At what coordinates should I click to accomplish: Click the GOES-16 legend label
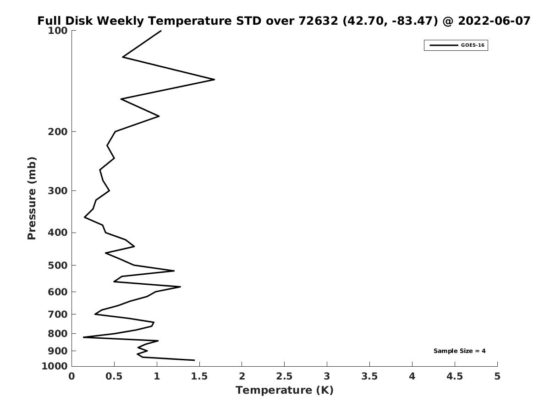click(472, 45)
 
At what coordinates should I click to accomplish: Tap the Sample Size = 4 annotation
click(459, 351)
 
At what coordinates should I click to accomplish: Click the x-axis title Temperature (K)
click(284, 390)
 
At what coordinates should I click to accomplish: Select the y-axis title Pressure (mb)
click(32, 198)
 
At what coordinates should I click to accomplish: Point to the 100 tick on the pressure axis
click(59, 30)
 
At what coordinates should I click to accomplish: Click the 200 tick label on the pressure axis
click(59, 132)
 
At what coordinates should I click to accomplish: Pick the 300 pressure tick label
click(59, 190)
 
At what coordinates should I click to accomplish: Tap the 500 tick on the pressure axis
click(59, 266)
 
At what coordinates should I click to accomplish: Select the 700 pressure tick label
click(59, 314)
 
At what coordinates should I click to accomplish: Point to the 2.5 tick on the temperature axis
click(284, 376)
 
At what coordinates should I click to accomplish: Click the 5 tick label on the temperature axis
click(497, 376)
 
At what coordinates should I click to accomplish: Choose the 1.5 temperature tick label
click(199, 376)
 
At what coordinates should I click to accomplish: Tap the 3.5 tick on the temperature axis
click(369, 376)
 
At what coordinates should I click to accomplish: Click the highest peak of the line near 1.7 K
click(214, 80)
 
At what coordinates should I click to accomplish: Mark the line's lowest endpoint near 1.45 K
click(194, 360)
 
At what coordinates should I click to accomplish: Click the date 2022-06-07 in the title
click(494, 21)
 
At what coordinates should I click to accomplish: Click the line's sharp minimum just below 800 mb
click(83, 337)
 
